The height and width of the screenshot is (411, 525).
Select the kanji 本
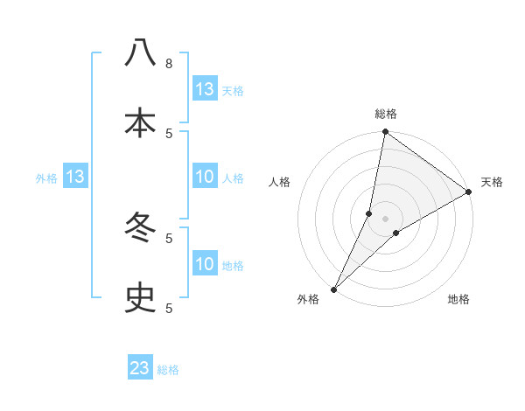click(x=140, y=122)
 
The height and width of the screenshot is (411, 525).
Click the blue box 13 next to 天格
click(x=205, y=89)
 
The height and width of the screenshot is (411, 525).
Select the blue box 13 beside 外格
click(x=74, y=178)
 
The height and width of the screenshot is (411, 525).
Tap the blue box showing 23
click(x=140, y=368)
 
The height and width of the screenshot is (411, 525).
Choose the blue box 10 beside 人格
click(x=205, y=178)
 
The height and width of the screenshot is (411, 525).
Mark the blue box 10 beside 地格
click(x=205, y=264)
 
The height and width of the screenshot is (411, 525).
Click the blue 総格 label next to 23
click(x=169, y=370)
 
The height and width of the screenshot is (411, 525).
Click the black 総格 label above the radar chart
click(x=386, y=114)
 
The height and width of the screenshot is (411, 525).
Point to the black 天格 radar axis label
click(x=492, y=182)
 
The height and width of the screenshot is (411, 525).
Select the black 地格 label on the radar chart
click(x=458, y=300)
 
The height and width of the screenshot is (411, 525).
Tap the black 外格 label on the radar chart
click(x=308, y=300)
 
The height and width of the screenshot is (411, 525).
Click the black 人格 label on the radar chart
click(x=279, y=182)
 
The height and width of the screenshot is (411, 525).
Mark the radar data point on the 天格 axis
click(x=469, y=192)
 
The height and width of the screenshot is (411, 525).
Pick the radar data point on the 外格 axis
click(x=333, y=289)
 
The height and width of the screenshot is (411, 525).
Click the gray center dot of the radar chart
click(x=386, y=219)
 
